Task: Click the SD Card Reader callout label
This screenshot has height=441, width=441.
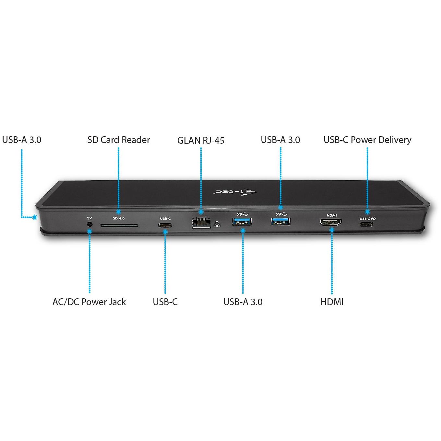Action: coord(119,140)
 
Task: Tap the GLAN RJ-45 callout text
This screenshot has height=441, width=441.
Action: coord(201,140)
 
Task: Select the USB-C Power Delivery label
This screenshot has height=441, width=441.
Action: coord(367,140)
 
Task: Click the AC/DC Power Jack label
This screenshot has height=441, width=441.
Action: coord(89,302)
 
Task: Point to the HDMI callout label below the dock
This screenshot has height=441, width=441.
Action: coord(332,302)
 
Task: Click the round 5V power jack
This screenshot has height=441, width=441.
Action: coord(89,224)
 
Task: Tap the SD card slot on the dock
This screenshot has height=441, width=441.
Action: coord(119,226)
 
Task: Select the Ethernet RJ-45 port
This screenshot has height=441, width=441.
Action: coord(201,222)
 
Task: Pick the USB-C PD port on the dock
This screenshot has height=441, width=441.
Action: coord(366,224)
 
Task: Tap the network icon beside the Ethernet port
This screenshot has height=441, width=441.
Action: coord(217,224)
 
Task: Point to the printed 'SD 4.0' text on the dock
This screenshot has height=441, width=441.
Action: coord(119,218)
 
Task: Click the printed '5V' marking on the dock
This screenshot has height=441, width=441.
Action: coord(89,218)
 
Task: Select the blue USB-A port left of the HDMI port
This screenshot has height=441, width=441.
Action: coord(280,221)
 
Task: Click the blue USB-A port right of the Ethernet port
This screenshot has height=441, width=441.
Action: coord(242,221)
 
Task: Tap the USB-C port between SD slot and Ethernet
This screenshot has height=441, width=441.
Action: coord(165,225)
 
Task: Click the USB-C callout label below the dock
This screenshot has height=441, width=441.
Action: coord(165,302)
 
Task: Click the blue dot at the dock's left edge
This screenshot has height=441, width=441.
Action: coord(35,217)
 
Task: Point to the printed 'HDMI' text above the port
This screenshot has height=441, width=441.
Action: coord(332,215)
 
